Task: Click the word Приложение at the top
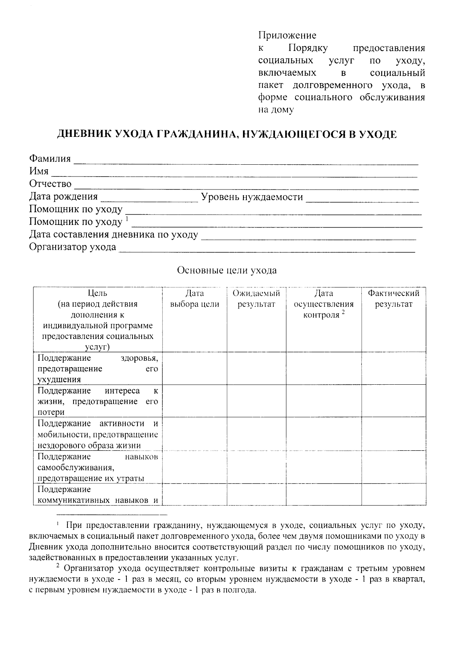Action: click(x=287, y=36)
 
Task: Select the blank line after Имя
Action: click(x=234, y=173)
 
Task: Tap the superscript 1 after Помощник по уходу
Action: click(x=127, y=219)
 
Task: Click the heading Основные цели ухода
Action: click(x=227, y=271)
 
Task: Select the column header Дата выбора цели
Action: click(x=195, y=299)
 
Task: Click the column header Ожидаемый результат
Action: click(x=256, y=299)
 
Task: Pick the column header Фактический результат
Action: click(x=393, y=299)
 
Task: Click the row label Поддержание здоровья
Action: click(x=97, y=368)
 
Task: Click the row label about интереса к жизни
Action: click(x=97, y=401)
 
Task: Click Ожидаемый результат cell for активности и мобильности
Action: click(x=256, y=434)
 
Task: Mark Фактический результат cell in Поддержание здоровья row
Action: click(x=393, y=368)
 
